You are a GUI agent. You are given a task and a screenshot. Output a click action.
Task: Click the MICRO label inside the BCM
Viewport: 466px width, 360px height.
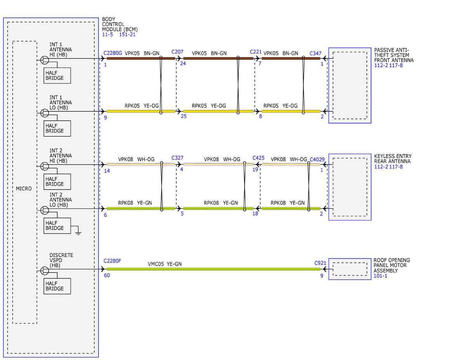24,188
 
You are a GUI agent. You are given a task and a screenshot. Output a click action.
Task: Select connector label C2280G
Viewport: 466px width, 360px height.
113,53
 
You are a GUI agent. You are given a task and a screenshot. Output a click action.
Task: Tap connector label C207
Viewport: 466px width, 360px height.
177,52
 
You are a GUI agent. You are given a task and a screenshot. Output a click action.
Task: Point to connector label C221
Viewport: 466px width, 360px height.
256,52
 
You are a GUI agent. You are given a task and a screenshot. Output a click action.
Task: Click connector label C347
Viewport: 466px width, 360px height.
315,53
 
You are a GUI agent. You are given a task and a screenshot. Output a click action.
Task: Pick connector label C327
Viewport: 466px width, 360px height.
177,158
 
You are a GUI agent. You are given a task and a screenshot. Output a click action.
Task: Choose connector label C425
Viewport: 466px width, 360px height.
258,158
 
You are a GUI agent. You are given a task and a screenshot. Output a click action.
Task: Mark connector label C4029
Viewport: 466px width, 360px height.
317,160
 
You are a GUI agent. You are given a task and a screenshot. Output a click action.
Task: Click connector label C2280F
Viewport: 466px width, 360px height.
112,261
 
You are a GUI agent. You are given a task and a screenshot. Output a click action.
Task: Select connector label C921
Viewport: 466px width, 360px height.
320,263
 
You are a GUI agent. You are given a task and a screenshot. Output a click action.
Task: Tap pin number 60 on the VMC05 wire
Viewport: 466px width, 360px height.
107,275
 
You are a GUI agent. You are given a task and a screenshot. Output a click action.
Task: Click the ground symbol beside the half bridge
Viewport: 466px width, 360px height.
78,233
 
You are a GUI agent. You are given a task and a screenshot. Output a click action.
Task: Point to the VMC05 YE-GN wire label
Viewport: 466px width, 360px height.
165,264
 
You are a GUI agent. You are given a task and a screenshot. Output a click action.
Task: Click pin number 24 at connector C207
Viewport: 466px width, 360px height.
183,63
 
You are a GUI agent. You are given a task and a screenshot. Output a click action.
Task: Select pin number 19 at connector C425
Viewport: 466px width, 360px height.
255,169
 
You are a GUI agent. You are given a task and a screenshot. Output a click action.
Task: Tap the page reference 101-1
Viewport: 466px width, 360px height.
380,276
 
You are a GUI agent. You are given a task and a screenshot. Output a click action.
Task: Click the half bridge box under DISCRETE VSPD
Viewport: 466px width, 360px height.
57,286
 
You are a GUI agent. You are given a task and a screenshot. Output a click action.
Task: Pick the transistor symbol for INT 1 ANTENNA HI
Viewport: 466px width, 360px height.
45,60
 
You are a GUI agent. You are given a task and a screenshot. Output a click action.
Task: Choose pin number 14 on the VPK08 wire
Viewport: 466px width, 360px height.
107,170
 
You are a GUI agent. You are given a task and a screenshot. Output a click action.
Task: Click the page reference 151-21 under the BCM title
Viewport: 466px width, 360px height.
127,34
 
